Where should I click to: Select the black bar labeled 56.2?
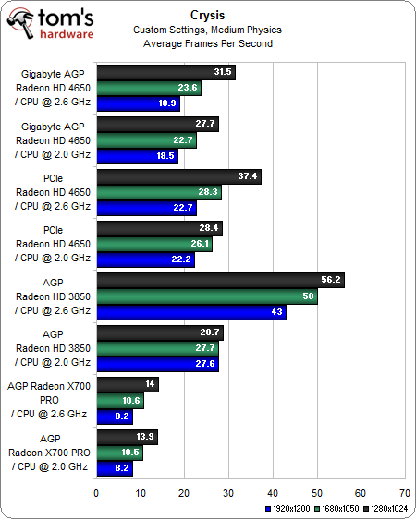click(220, 281)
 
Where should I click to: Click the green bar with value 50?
click(206, 296)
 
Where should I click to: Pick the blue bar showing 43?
click(190, 312)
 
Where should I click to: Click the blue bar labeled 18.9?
click(137, 103)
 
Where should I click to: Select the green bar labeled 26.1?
click(153, 244)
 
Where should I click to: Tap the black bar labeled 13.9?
click(127, 437)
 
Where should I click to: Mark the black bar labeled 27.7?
click(157, 124)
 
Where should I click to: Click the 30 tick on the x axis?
click(228, 493)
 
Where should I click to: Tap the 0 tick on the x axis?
click(96, 493)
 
